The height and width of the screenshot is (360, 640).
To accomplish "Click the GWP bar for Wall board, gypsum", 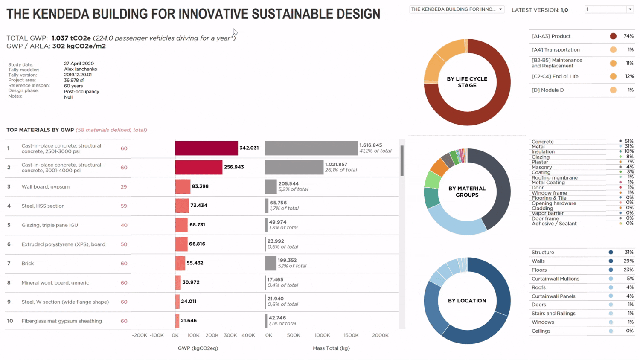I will tap(183, 186).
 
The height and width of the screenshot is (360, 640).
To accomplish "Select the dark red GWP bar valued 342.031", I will tap(207, 148).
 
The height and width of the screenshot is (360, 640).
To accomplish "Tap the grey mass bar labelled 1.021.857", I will tap(294, 167).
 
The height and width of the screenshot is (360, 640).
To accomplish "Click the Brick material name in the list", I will tap(28, 264).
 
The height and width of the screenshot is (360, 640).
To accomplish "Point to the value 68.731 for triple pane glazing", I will tap(197, 225).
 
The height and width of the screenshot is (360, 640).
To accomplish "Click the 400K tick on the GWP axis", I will tap(248, 335).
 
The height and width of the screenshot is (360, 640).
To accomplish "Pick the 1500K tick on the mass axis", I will tap(351, 335).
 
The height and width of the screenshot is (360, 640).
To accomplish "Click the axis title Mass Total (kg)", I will tap(331, 348).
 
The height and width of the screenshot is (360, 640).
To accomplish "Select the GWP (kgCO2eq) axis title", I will tap(198, 348).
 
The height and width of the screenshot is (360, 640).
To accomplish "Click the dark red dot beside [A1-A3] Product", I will tap(613, 36).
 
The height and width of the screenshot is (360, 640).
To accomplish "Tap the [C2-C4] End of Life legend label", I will tap(555, 77).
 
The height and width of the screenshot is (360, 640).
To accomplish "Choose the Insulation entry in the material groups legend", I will tap(543, 152).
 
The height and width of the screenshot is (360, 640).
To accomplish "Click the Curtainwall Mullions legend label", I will tap(555, 279).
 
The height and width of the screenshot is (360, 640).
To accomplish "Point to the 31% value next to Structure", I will tap(629, 253).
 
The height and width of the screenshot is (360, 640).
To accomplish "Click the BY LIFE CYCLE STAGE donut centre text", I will tap(467, 82).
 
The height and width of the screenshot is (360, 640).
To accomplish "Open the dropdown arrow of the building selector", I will tap(500, 9).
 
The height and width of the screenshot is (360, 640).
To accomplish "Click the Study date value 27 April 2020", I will tap(79, 64).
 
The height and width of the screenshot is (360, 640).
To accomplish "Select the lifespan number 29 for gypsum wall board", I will tap(124, 187).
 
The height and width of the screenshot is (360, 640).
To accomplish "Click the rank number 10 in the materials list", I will tap(10, 321).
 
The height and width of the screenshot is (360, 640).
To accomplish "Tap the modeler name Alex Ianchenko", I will tap(81, 69).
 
